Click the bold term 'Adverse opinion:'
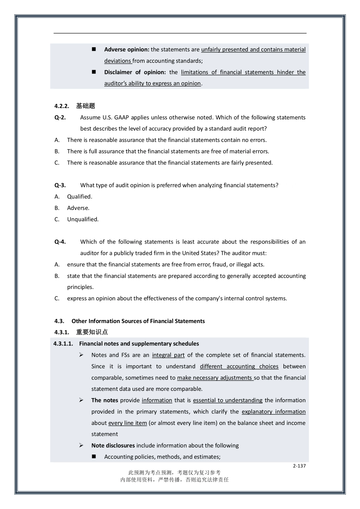tap(127, 50)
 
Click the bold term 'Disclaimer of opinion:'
tap(135, 72)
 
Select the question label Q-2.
tap(60, 117)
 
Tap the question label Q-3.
tap(60, 185)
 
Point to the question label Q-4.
tap(60, 242)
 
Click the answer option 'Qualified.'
tap(80, 197)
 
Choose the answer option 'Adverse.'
tap(78, 208)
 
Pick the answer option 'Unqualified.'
tap(83, 219)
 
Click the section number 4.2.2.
tap(62, 106)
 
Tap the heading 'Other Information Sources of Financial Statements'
tap(138, 321)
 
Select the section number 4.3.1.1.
tap(63, 344)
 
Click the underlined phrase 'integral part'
tap(168, 355)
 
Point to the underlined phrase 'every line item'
tap(127, 423)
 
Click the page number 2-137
tap(299, 466)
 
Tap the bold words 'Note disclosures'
tap(113, 446)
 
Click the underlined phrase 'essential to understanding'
tap(227, 400)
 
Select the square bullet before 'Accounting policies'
tap(94, 457)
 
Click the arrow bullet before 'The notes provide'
tap(81, 400)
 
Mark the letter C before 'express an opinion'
tap(57, 298)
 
